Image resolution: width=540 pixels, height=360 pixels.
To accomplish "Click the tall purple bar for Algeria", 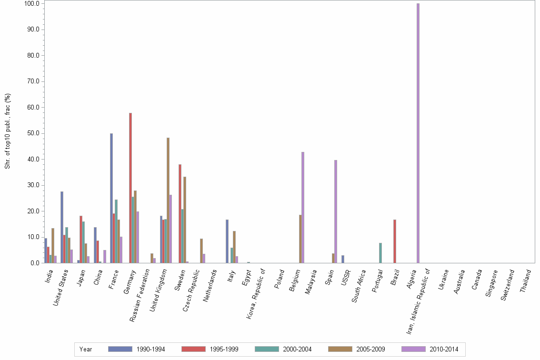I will click(x=418, y=133).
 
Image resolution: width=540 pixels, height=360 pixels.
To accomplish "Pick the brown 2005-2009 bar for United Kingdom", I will click(x=168, y=200).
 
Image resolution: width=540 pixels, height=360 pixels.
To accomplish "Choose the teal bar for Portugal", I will click(x=380, y=253).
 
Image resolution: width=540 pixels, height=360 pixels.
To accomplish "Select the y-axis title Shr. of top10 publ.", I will click(x=7, y=131).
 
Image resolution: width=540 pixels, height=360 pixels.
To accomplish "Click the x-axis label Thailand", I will click(x=527, y=281).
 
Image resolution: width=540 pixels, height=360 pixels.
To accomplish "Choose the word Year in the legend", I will click(x=86, y=350).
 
